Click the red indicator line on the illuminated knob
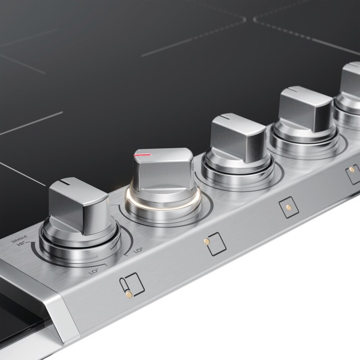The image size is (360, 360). pos(143,154)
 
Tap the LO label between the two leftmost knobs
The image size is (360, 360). pos(139,249)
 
